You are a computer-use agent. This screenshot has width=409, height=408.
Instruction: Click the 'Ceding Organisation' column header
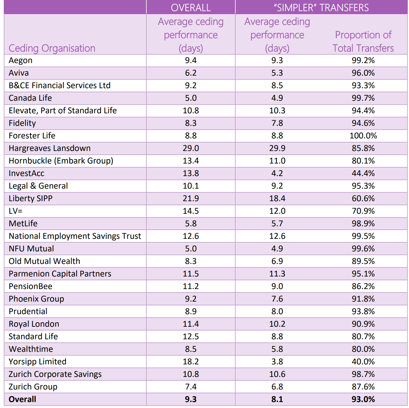(52, 48)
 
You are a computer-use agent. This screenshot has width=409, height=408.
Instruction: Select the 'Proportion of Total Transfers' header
(363, 41)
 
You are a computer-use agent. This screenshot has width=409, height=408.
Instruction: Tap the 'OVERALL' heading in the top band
(191, 8)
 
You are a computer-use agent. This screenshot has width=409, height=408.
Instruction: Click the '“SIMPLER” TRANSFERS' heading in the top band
(321, 8)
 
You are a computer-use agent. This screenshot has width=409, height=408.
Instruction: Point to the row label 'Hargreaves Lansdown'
(50, 148)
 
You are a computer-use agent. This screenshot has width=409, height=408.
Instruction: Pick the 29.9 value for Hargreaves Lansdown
(277, 148)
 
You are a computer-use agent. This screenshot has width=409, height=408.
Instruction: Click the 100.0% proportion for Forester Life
(363, 136)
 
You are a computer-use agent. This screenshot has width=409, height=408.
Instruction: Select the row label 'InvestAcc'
(26, 173)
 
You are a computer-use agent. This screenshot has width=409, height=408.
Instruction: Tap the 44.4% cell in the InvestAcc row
(363, 173)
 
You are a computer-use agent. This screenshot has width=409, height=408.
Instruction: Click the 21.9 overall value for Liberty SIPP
(191, 198)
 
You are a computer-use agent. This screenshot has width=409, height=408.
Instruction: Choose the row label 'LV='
(16, 211)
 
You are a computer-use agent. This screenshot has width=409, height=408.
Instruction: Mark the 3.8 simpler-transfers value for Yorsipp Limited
(277, 362)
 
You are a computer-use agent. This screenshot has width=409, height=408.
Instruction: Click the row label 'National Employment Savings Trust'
(75, 236)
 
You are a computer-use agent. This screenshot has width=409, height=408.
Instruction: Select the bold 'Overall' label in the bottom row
(22, 399)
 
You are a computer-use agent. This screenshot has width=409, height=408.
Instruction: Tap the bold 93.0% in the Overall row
(363, 399)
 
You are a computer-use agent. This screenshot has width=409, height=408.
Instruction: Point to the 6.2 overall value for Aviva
(191, 73)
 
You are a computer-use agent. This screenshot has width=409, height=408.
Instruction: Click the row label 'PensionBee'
(30, 286)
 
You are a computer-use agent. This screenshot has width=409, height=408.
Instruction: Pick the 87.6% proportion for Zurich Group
(363, 387)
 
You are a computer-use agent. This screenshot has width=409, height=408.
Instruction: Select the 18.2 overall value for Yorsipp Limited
(191, 362)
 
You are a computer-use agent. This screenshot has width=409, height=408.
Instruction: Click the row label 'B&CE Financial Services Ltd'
(59, 85)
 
